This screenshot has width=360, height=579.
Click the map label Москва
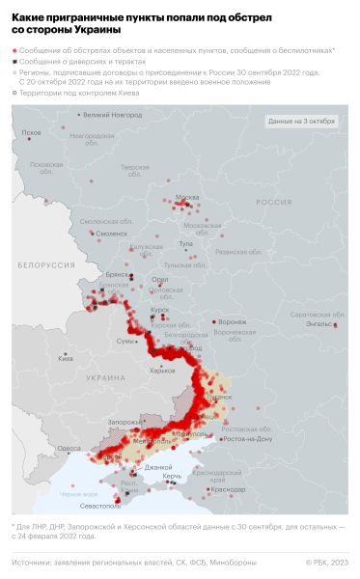[x=186, y=199]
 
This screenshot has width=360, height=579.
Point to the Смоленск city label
[x=112, y=234]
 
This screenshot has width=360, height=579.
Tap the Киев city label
[x=67, y=359]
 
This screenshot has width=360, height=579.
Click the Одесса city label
[x=69, y=448]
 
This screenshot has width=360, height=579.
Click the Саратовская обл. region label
[x=318, y=315]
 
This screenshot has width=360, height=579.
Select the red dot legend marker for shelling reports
[x=14, y=49]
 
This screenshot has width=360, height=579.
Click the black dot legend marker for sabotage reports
[x=14, y=61]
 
